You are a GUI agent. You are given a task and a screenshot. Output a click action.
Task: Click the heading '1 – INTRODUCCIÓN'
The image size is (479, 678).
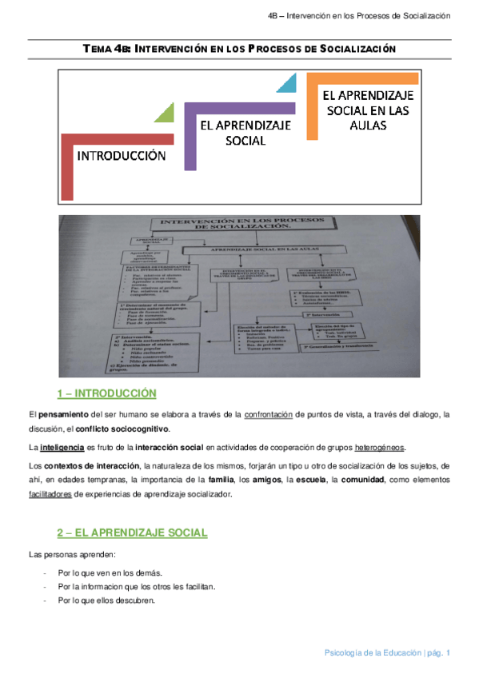(106, 393)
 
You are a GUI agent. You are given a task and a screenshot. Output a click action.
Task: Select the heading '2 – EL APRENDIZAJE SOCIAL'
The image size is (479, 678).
(132, 532)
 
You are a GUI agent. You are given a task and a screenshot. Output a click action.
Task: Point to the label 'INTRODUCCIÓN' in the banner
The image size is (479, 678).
(122, 156)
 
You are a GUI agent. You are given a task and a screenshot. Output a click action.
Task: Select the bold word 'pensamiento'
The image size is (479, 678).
(64, 415)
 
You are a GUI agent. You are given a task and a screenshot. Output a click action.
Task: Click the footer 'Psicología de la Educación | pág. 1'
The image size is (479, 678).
(387, 653)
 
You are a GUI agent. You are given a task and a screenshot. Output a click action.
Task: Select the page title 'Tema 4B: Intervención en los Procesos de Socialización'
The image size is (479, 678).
(240, 50)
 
